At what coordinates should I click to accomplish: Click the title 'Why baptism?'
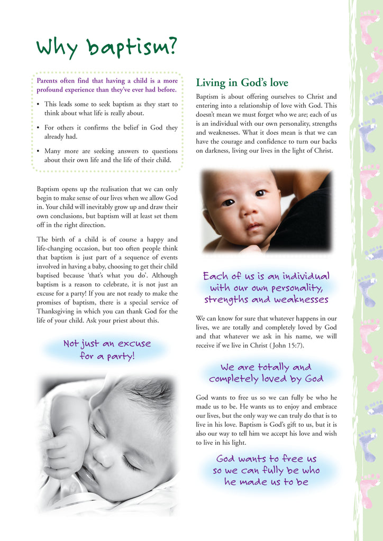(x=106, y=48)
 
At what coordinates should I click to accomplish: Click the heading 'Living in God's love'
(x=242, y=83)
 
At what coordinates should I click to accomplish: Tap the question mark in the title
(x=170, y=46)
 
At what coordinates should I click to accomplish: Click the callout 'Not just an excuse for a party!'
(x=107, y=350)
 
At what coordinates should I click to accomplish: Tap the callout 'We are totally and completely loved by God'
(x=266, y=372)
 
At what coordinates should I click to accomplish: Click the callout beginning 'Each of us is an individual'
(x=266, y=288)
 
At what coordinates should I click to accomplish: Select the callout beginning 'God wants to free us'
(x=266, y=470)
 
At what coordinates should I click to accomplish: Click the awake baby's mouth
(x=253, y=227)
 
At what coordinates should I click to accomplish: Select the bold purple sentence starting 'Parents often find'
(x=107, y=85)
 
